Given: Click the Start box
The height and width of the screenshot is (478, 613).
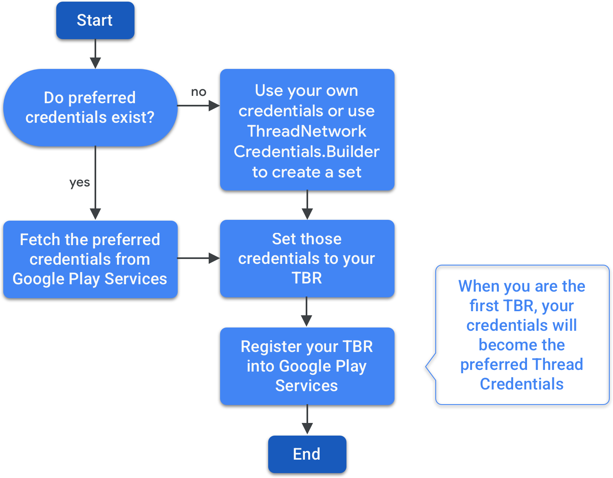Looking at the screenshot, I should click(x=95, y=20).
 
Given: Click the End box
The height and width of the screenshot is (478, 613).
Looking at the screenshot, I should click(x=307, y=454).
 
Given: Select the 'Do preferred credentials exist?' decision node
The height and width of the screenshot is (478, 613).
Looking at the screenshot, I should click(x=90, y=107).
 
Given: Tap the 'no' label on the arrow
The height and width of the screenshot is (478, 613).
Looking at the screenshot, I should click(x=198, y=92).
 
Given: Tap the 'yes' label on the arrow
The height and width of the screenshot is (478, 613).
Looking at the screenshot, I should click(x=79, y=182).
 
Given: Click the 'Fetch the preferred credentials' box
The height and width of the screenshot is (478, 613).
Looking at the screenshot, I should click(x=90, y=259).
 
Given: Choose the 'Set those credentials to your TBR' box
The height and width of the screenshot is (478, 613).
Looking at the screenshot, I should click(x=307, y=259).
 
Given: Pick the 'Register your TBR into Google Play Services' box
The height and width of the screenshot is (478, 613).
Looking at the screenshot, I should click(x=307, y=366).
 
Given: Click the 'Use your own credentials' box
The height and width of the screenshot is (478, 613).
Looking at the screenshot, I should click(x=307, y=129).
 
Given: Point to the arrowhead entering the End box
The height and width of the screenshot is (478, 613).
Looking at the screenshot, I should click(x=307, y=429).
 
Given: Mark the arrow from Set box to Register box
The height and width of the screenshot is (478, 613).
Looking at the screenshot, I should click(x=306, y=312).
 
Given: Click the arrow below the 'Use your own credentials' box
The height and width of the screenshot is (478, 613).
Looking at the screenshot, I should click(x=307, y=205).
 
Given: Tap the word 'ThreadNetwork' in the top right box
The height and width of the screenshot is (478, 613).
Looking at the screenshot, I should click(x=306, y=131).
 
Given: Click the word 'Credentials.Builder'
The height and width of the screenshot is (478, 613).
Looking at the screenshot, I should click(x=306, y=152).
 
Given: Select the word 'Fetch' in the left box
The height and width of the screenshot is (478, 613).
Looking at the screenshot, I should click(x=40, y=240).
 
